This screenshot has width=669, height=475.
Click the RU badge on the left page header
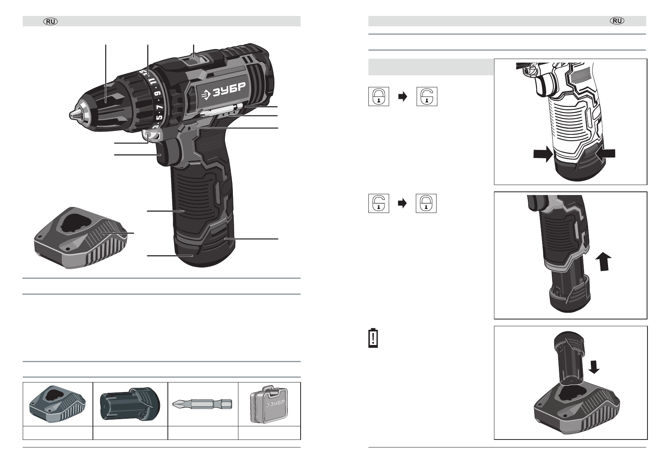click(51, 22)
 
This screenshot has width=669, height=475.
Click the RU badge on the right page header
click(617, 21)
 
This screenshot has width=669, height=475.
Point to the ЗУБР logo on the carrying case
click(275, 404)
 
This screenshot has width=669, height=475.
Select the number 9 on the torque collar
click(158, 93)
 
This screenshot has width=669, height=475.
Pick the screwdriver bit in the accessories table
click(202, 404)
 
